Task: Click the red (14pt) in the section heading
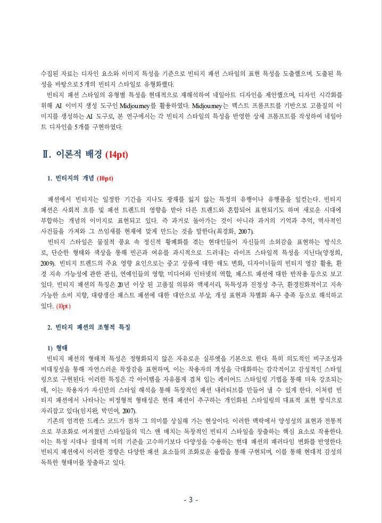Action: tap(117, 155)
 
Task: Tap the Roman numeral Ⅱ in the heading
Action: tap(46, 155)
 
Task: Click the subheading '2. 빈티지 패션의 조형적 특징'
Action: tap(89, 326)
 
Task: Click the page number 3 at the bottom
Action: tap(190, 500)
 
